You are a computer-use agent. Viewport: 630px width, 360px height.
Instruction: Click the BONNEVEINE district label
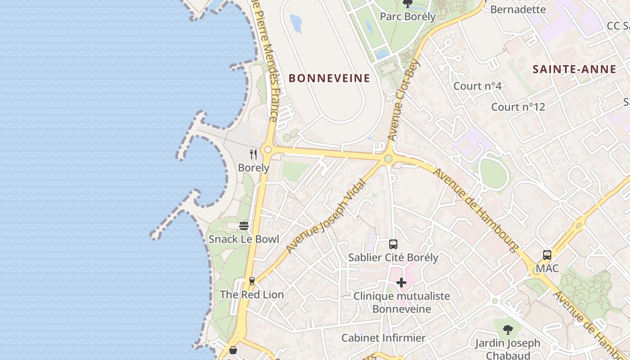329,78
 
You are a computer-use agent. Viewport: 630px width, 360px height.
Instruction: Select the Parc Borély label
408,17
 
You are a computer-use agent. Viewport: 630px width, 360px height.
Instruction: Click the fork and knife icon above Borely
253,155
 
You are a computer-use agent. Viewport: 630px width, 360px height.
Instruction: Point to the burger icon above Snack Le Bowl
244,226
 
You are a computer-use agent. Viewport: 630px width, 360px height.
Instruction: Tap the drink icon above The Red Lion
252,281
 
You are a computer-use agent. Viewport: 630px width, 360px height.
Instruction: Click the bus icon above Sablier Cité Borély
393,244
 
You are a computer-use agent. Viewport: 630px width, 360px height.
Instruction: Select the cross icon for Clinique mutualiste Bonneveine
401,283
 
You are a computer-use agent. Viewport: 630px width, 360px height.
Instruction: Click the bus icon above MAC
547,255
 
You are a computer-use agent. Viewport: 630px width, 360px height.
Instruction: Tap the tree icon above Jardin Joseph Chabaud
508,330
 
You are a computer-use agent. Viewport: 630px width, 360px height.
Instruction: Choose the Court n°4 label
477,85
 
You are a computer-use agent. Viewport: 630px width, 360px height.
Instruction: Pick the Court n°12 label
518,107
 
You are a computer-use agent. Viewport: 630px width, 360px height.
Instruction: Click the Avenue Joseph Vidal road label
320,220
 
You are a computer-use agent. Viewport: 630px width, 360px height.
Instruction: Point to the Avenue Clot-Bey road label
403,100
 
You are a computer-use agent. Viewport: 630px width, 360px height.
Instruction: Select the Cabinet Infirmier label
383,338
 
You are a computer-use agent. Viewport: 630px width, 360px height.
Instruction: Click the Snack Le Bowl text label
244,239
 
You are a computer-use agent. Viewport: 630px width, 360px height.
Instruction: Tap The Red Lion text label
252,295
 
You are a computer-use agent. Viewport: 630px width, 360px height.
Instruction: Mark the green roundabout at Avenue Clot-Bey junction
388,158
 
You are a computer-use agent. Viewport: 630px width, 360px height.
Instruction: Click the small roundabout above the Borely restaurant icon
268,149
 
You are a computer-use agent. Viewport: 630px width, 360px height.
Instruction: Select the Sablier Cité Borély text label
393,258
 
